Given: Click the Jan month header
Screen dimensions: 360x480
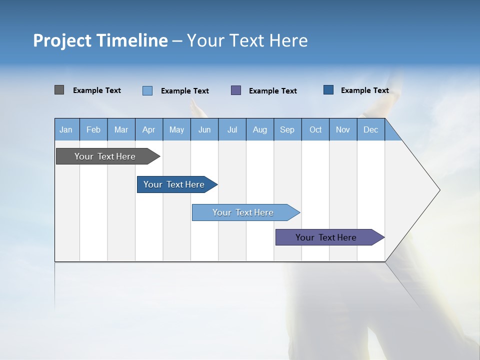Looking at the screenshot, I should click(x=66, y=129).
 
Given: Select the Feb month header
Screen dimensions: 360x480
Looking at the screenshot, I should click(x=93, y=129).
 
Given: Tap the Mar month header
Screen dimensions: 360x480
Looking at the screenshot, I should click(x=121, y=129).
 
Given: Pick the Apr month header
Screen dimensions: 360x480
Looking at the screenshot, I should click(x=149, y=129).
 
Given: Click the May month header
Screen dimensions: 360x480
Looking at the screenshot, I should click(x=176, y=129).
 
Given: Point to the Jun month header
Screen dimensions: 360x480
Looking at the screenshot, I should click(x=204, y=129).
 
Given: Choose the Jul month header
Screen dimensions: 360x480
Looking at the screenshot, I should click(x=232, y=129).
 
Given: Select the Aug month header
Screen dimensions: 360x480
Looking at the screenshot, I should click(x=260, y=129).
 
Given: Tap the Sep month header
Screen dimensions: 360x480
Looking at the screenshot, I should click(x=287, y=129).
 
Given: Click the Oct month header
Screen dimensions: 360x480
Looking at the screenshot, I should click(x=315, y=129).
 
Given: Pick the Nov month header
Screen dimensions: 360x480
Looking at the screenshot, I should click(x=343, y=129).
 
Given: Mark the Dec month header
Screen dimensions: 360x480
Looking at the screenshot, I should click(x=371, y=129).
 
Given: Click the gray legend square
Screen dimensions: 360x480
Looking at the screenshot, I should click(x=59, y=90).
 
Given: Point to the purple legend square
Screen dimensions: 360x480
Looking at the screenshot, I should click(x=236, y=90).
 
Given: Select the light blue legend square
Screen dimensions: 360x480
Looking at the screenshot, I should click(x=147, y=90).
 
